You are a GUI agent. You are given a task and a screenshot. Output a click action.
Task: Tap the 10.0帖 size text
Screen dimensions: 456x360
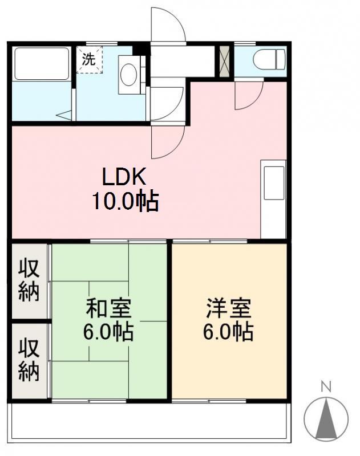click(x=126, y=202)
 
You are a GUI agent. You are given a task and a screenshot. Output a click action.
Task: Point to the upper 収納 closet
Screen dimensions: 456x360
click(x=29, y=280)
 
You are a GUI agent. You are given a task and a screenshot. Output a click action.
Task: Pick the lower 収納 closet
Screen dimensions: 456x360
click(x=29, y=360)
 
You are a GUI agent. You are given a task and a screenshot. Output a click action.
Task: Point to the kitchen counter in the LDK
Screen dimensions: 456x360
click(x=273, y=199)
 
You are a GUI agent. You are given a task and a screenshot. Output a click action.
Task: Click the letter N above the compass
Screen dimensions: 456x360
click(x=326, y=387)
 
